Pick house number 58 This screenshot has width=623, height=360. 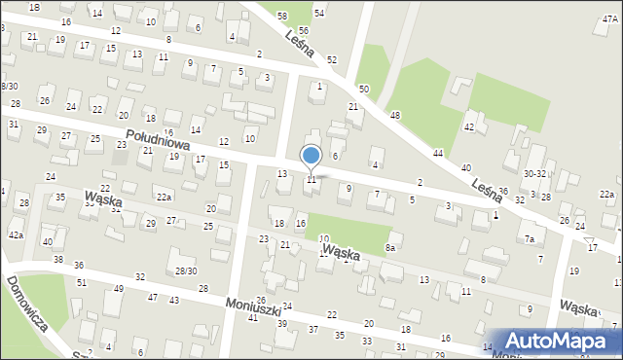[x=281, y=17]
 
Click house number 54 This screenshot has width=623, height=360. [x=318, y=13]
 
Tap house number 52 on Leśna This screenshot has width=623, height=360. [x=332, y=60]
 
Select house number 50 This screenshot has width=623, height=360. [x=364, y=89]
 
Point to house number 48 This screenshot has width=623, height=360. [x=395, y=116]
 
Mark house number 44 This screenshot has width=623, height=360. [x=438, y=154]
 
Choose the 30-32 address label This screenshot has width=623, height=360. [x=534, y=173]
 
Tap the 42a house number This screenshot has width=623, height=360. [x=16, y=235]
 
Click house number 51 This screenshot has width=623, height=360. [x=82, y=282]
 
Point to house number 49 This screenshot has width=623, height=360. [x=119, y=289]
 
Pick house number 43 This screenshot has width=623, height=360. [x=173, y=301]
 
